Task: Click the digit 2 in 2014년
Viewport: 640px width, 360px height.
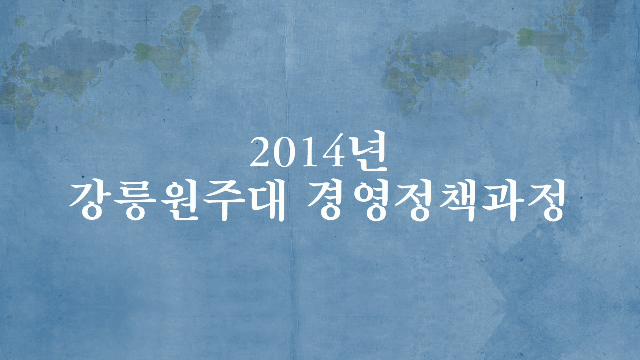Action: (261, 152)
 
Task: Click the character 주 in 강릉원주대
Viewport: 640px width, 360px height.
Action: (224, 201)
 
